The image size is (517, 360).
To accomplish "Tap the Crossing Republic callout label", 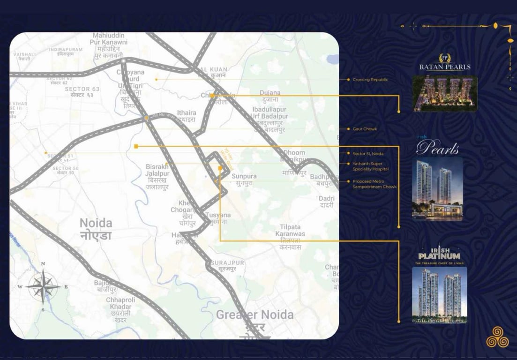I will coord(370,80).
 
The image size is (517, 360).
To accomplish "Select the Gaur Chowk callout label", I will coord(364,129).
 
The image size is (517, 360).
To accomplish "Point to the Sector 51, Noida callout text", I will coord(367,153).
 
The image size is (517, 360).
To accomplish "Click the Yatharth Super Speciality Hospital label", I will coord(370,166).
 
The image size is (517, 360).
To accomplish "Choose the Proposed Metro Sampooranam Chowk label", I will coord(374,184).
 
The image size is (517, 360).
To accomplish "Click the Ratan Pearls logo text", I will coord(444,67).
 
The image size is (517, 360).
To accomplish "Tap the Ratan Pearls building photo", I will coord(444,94).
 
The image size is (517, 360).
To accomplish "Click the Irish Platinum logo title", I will coord(439,256).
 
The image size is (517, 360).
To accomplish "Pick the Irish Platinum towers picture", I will coord(439,295).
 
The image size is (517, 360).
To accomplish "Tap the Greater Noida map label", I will coord(255,315).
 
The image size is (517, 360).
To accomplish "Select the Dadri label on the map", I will coord(326,202).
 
